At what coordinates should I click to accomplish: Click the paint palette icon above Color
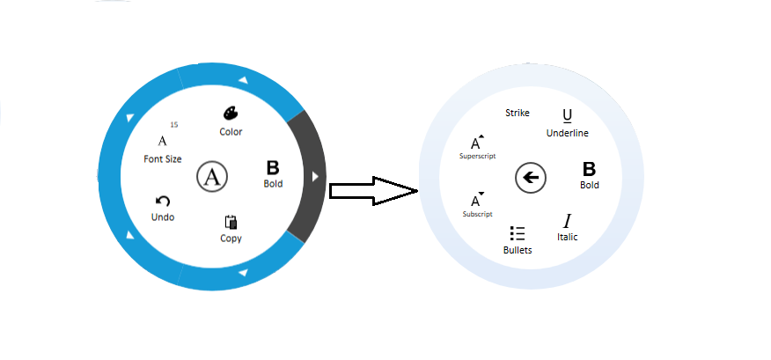pos(230,114)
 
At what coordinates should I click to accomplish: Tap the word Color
pos(231,132)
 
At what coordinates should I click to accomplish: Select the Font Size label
pos(163,159)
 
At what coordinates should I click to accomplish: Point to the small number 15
pos(173,125)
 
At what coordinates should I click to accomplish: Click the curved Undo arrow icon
pos(162,202)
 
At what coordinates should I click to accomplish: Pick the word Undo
pos(163,217)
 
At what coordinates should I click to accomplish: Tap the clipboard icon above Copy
pos(231,222)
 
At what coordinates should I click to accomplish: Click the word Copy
pos(231,239)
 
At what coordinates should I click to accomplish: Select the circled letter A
pos(212,176)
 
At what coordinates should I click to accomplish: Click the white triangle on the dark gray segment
pos(315,177)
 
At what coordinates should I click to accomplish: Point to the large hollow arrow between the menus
pos(372,190)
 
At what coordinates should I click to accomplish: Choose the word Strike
pos(518,113)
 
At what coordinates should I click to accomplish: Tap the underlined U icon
pos(567,115)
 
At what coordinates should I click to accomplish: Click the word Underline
pos(568,133)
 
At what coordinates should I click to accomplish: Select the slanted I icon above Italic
pos(568,220)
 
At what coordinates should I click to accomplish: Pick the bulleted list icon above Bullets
pos(518,233)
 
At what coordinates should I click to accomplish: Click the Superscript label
pos(478,156)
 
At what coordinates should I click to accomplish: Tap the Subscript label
pos(476,214)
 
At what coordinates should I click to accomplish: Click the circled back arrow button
pos(530,179)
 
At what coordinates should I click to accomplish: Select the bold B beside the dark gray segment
pos(273,167)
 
